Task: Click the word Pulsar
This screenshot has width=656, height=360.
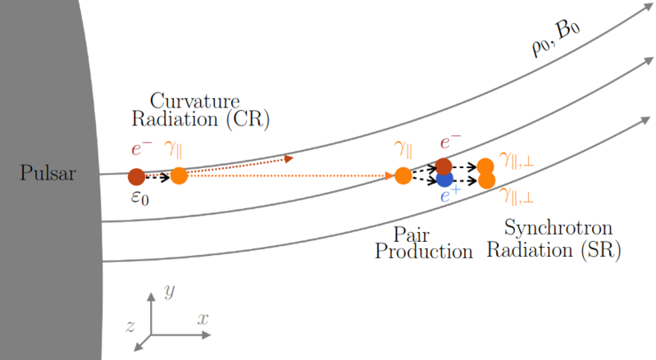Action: (x=48, y=173)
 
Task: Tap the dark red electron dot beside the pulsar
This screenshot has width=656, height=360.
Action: (x=136, y=177)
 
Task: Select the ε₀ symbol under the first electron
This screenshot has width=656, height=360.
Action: (x=139, y=197)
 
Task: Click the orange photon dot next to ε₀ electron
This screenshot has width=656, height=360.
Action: (x=179, y=175)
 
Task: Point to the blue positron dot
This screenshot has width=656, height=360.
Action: (x=444, y=179)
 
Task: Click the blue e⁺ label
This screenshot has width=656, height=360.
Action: (x=450, y=194)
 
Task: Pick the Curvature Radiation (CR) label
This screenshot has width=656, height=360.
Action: (x=201, y=110)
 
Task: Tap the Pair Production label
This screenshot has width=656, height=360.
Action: (x=423, y=244)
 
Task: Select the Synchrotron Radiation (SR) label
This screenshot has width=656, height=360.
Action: (x=554, y=239)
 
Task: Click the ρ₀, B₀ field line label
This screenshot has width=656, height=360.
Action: (x=556, y=38)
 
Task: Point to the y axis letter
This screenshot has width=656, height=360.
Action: (x=170, y=290)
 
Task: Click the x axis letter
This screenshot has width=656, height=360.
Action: (x=203, y=319)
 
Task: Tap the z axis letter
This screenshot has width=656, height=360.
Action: (x=130, y=326)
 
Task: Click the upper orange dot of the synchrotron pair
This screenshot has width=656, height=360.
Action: (x=485, y=166)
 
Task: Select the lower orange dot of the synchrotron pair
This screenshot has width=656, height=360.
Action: (x=486, y=181)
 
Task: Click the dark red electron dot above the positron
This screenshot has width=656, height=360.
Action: (x=444, y=166)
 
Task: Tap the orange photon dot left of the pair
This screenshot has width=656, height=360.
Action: (x=403, y=175)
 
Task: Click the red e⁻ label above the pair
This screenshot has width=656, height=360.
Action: (x=450, y=143)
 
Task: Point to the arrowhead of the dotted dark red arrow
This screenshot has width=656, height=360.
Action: (x=289, y=158)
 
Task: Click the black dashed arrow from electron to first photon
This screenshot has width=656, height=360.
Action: (x=157, y=177)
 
